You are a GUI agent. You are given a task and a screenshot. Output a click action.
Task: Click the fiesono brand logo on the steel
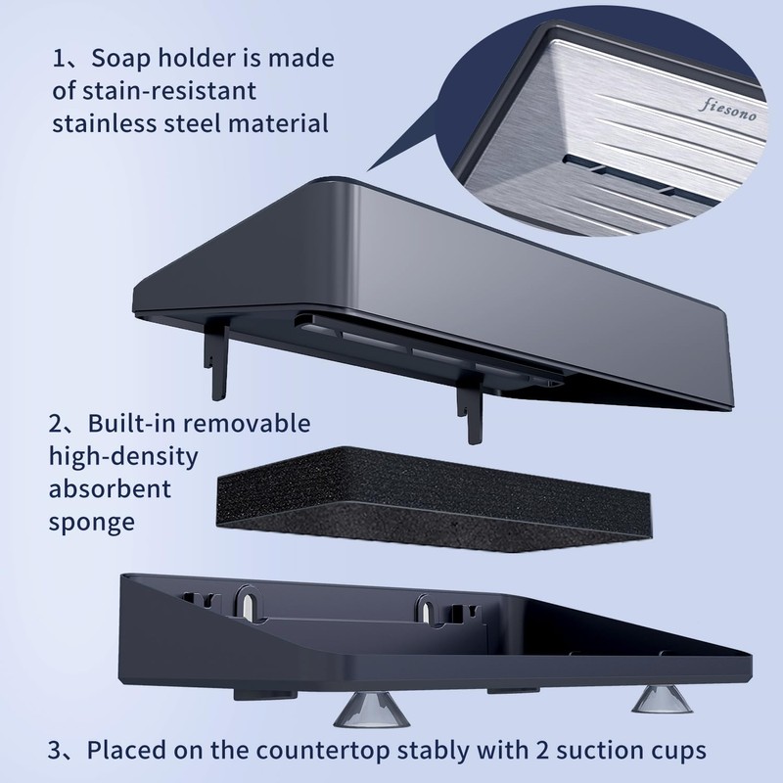727,110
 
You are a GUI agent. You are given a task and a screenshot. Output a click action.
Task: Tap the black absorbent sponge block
434,499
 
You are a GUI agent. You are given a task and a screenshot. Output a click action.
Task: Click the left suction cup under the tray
372,708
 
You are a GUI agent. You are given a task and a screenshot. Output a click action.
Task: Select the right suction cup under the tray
663,698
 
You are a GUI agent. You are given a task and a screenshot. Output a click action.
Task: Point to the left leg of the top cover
217,358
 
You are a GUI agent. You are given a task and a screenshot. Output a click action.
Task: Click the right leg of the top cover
471,408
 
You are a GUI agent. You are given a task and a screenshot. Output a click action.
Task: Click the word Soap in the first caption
120,59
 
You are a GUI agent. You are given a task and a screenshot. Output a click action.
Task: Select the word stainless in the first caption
105,124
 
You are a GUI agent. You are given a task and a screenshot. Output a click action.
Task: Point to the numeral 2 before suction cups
542,750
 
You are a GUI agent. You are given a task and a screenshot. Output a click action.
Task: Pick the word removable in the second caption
248,424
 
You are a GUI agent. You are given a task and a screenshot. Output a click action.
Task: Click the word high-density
123,457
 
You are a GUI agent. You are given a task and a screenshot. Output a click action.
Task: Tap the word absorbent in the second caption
110,488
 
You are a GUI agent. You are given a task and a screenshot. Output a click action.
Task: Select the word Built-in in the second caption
132,424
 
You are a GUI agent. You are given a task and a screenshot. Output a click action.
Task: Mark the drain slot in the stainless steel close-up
620,176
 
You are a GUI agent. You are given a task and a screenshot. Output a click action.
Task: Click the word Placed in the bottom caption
127,750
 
